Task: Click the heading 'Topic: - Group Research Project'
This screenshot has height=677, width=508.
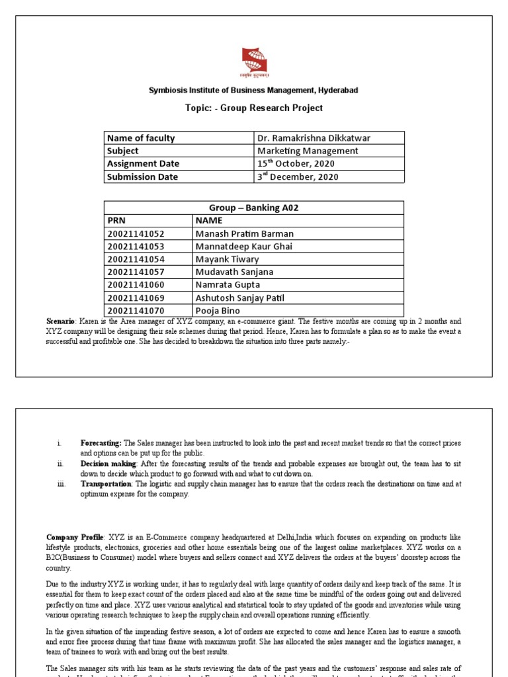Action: pos(254,108)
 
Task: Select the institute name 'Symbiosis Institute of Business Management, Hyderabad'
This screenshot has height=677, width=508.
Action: pos(254,90)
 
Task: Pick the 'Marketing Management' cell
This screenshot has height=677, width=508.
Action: pos(308,151)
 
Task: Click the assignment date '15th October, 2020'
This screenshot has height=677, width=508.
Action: pos(296,163)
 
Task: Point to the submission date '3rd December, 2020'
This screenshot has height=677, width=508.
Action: pos(298,177)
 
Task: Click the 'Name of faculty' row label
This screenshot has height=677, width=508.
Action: pos(141,138)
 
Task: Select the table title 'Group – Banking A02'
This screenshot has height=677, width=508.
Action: pos(254,208)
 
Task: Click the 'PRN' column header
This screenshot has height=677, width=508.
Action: pos(116,220)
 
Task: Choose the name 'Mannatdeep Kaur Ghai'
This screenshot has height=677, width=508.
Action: pos(243,247)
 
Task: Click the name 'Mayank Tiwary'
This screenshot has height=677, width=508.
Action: pos(227,259)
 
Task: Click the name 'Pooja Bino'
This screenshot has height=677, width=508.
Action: pos(218,311)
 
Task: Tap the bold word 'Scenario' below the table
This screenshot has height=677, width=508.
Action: pos(62,321)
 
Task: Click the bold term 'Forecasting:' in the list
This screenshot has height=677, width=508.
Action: pos(101,442)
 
